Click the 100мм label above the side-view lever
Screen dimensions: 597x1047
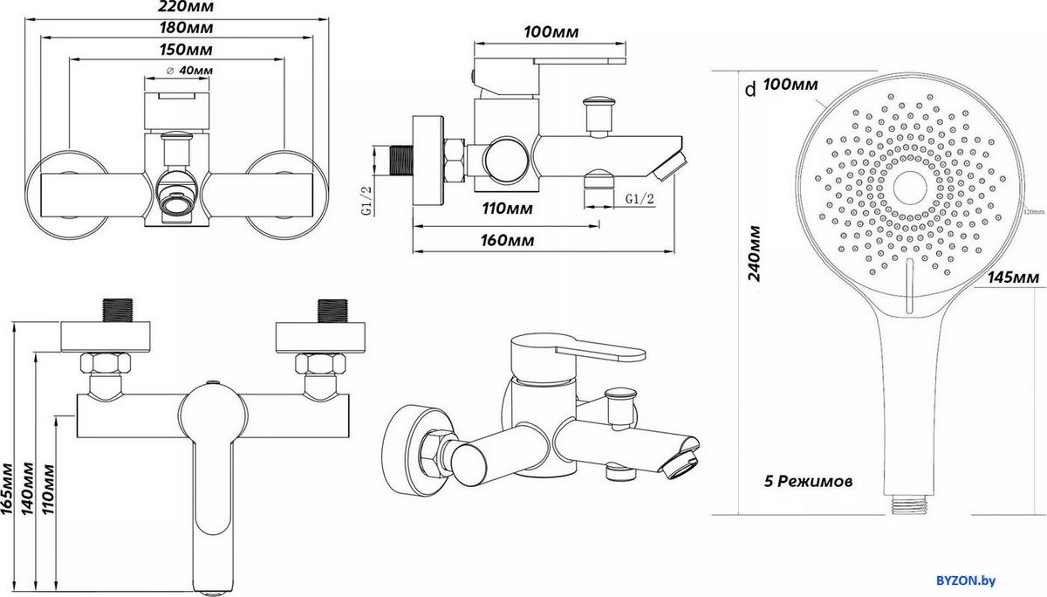552,32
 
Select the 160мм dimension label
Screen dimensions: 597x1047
507,241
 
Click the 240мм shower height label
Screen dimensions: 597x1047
756,253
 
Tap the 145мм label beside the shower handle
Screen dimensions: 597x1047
1014,278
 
